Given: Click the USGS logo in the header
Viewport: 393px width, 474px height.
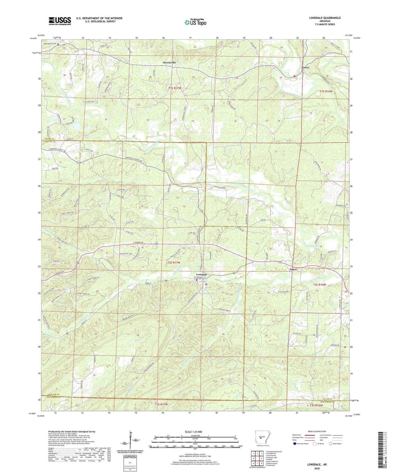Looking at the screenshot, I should (60, 21).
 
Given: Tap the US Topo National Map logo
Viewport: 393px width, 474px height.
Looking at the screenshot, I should (196, 22).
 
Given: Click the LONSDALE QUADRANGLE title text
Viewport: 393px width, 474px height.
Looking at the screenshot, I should (325, 18).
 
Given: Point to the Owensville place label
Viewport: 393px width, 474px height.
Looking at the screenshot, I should (169, 62).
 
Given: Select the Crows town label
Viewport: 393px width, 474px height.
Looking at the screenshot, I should (305, 67).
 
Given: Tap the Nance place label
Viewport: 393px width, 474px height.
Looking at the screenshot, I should (293, 269).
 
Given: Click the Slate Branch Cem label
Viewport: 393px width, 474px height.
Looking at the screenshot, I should (49, 44).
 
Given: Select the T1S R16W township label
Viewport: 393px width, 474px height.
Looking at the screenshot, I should (326, 91).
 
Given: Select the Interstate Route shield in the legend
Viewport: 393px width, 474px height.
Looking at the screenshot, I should (295, 444).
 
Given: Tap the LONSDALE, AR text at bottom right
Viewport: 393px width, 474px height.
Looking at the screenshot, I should (317, 464).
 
